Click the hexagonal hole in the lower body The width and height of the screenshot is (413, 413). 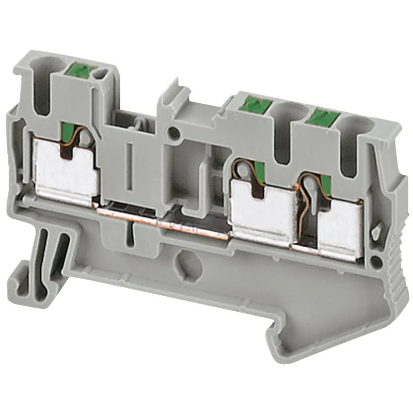(x=184, y=261)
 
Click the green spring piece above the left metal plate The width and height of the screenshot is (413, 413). (x=69, y=132)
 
